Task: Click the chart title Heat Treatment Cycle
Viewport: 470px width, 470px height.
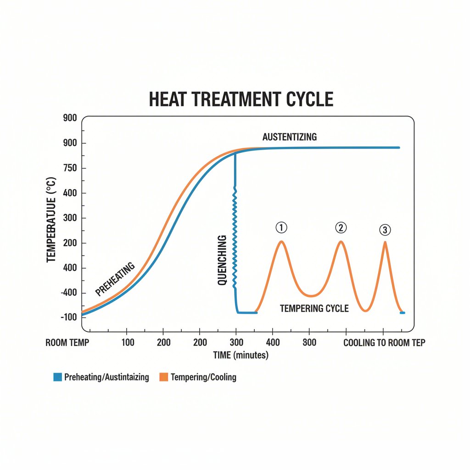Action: (x=241, y=99)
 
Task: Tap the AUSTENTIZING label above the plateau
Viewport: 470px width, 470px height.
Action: (x=289, y=137)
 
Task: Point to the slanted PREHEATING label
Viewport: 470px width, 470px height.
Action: (x=115, y=279)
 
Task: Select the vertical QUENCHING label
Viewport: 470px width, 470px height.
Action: (x=222, y=260)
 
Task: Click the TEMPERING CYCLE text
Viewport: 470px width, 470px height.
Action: (x=314, y=308)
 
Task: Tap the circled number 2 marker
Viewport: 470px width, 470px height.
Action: (x=341, y=227)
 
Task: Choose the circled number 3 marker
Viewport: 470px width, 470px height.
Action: (x=385, y=230)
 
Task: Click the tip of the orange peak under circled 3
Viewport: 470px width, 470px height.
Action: (x=385, y=242)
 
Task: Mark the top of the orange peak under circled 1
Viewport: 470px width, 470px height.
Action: (x=281, y=241)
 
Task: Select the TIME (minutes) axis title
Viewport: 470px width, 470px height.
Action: (x=241, y=355)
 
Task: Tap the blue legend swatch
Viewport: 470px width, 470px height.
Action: (x=57, y=377)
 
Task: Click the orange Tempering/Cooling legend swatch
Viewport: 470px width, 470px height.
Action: (x=163, y=377)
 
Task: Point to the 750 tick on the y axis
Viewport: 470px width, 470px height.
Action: (x=71, y=168)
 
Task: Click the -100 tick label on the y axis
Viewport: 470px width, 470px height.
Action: (x=68, y=317)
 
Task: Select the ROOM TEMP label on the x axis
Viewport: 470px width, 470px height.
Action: (x=67, y=343)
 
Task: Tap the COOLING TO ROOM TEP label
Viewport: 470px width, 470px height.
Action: (x=384, y=343)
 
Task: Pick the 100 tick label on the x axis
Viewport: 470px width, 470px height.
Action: (x=127, y=343)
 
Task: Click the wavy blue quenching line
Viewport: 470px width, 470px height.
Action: (x=235, y=239)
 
